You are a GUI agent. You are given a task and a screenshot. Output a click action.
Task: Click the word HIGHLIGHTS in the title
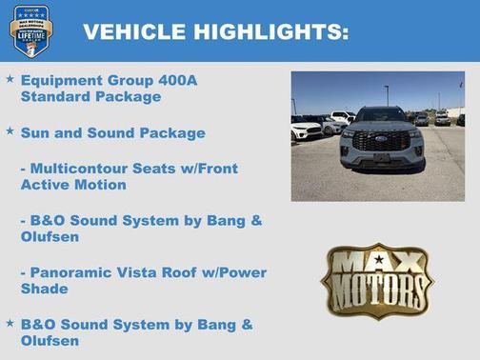coord(270,31)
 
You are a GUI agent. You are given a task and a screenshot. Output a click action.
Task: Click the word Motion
coord(100,184)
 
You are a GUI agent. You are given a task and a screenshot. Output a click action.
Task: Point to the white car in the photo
coord(307,129)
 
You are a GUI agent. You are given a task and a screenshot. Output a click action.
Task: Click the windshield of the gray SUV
coord(381,114)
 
